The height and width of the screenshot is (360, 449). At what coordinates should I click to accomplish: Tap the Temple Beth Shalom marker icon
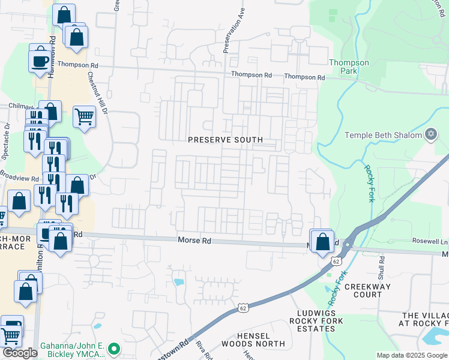click(430, 134)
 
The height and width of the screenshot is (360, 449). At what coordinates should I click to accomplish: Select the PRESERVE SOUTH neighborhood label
click(225, 140)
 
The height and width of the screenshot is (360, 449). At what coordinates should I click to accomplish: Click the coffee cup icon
click(40, 61)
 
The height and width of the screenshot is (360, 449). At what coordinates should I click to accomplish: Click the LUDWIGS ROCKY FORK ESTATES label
click(321, 321)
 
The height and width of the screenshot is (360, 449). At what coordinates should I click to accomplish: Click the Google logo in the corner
click(20, 353)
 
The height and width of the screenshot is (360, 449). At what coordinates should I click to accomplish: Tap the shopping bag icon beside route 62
click(322, 241)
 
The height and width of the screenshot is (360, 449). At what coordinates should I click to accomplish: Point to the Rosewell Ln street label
click(427, 241)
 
